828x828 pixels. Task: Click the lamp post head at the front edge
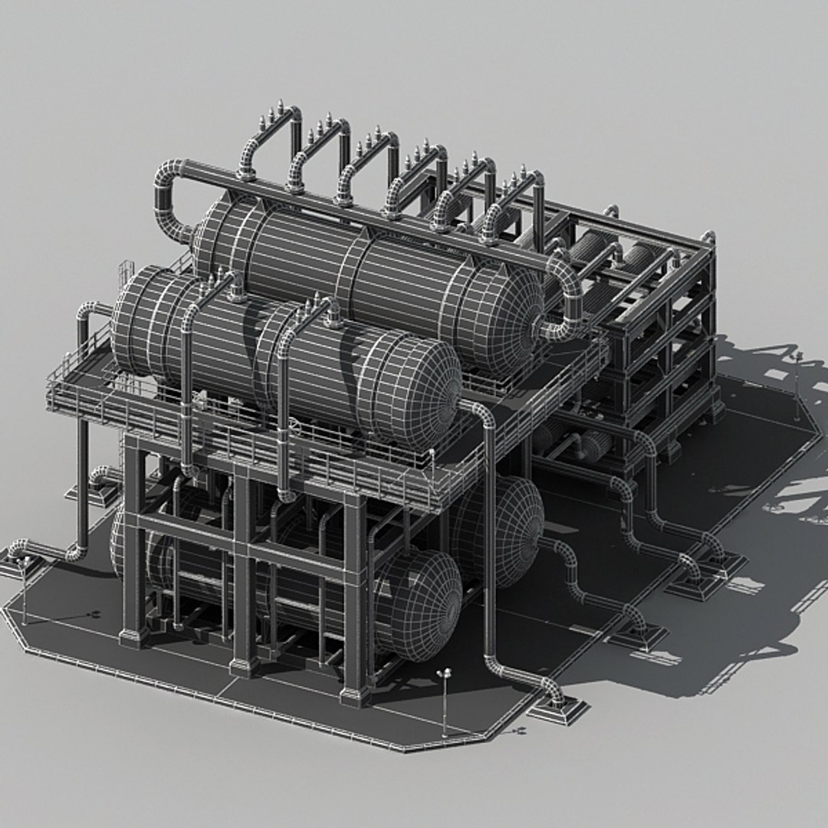pyautogui.click(x=443, y=674)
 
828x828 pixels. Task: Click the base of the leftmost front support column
pyautogui.click(x=133, y=636)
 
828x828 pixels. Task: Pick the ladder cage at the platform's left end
pyautogui.click(x=126, y=272)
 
